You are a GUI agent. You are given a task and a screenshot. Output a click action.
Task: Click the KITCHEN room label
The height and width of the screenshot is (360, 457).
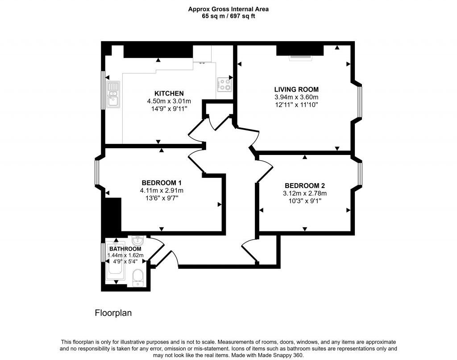[169, 93]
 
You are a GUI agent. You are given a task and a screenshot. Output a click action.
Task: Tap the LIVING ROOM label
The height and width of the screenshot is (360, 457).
[296, 89]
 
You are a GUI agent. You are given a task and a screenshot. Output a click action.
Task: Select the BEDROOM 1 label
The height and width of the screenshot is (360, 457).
[161, 183]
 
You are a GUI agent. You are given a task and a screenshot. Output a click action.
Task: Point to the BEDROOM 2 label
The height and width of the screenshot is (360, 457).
[305, 185]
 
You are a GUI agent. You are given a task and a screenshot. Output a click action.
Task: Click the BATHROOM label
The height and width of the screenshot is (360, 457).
[125, 249]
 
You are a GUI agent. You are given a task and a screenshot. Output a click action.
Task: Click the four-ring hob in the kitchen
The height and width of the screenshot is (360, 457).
[224, 84]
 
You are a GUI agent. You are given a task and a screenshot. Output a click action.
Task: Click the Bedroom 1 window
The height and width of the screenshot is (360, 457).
[97, 172]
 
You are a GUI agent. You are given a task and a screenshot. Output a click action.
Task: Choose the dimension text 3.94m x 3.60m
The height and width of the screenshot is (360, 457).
[296, 97]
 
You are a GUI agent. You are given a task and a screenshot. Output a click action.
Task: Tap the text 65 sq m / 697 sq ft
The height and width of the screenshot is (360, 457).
[228, 16]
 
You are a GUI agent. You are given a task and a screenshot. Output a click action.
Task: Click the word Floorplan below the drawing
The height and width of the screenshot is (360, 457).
[113, 313]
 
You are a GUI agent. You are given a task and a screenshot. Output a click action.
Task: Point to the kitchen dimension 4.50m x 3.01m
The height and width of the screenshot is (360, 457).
[169, 101]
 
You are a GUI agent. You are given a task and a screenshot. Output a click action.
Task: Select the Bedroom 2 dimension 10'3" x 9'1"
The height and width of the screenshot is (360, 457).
[305, 201]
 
